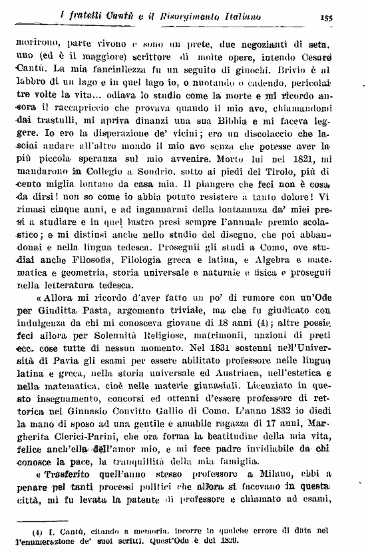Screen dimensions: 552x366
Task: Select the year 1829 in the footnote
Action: tap(230, 538)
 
